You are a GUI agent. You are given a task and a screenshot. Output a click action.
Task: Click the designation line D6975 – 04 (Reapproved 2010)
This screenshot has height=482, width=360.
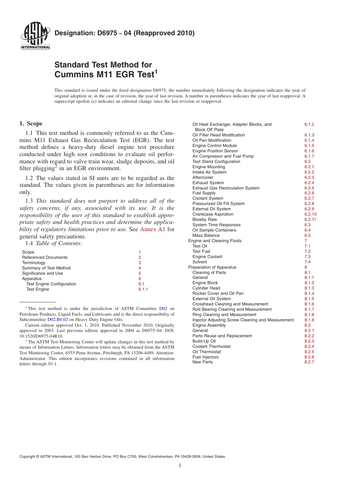[124, 33]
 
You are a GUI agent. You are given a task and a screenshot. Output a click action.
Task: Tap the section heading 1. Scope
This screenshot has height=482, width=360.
[31, 124]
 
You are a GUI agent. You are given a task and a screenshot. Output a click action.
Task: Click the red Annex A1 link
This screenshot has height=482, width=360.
[153, 229]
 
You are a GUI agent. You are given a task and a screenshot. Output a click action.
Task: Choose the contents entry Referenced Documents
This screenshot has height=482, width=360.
[45, 257]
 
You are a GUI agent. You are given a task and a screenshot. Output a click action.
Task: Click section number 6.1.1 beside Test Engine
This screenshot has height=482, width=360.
[143, 289]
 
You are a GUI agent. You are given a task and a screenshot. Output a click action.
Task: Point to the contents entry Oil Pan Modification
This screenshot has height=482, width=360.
[212, 140]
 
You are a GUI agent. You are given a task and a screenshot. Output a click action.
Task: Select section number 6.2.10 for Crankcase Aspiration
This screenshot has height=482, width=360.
[310, 214]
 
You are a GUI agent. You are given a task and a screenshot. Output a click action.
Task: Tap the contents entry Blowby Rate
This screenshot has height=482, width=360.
[205, 219]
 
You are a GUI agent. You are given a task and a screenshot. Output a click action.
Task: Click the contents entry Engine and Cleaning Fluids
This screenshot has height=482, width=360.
[215, 241]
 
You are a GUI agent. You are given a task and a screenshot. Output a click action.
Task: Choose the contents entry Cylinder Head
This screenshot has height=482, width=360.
[206, 288]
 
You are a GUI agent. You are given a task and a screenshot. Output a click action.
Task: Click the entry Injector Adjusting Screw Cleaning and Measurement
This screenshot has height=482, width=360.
[243, 320]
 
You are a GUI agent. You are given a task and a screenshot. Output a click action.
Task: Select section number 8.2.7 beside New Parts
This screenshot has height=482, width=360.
[309, 362]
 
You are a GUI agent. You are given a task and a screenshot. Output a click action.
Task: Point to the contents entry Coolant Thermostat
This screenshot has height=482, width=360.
[211, 346]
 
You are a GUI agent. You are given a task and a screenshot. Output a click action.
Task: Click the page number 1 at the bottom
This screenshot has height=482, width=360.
[180, 465]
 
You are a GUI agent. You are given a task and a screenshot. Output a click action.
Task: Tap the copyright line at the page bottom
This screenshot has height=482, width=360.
[122, 457]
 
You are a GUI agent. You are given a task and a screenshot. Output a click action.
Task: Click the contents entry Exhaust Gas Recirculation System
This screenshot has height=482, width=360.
[226, 188]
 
